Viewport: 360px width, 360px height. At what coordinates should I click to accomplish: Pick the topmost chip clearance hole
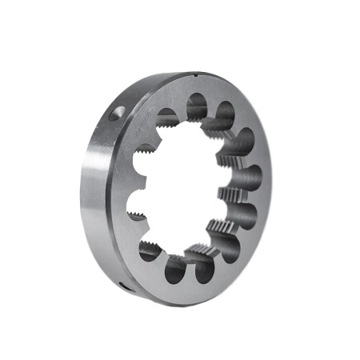198,106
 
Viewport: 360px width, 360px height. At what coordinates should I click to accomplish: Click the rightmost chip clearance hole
250,179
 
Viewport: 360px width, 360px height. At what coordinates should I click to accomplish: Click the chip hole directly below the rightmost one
245,214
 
